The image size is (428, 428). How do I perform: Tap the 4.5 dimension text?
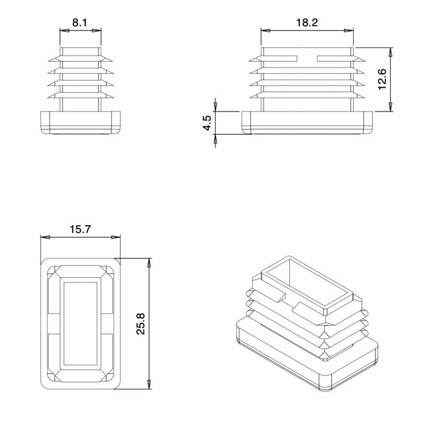click(x=207, y=123)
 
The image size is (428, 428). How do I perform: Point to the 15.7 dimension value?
click(x=80, y=229)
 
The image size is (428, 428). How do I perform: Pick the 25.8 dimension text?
click(x=141, y=324)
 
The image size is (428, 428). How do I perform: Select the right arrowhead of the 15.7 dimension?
click(x=117, y=237)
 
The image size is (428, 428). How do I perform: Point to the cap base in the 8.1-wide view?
click(x=80, y=123)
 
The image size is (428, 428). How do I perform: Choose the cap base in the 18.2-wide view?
click(x=308, y=123)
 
